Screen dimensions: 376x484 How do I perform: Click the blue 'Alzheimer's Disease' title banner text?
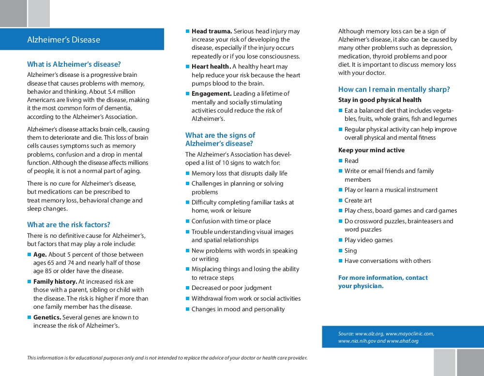(x=63, y=40)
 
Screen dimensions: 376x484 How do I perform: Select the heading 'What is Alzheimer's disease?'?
(x=74, y=64)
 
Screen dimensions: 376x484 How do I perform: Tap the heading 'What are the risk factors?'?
(x=69, y=225)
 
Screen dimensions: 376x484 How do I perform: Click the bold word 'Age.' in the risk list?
(x=40, y=255)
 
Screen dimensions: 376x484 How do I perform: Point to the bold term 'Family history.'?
(x=55, y=282)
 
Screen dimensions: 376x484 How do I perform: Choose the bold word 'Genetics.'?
(x=47, y=318)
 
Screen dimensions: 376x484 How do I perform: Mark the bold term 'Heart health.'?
(x=211, y=67)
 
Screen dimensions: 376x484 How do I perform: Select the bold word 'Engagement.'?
(x=212, y=94)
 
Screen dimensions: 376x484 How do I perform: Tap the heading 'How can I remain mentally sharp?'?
(x=394, y=89)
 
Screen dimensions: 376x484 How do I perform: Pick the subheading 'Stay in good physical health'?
(x=380, y=100)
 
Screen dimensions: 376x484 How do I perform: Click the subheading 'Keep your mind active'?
(x=371, y=150)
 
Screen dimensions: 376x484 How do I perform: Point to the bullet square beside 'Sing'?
(x=340, y=250)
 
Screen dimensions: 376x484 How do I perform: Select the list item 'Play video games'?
(x=368, y=240)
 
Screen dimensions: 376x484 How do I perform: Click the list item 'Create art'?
(x=358, y=201)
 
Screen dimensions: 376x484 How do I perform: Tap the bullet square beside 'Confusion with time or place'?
(x=187, y=221)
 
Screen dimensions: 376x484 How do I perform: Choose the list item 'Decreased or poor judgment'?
(x=231, y=288)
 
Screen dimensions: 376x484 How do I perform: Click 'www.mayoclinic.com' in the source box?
(x=409, y=333)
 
